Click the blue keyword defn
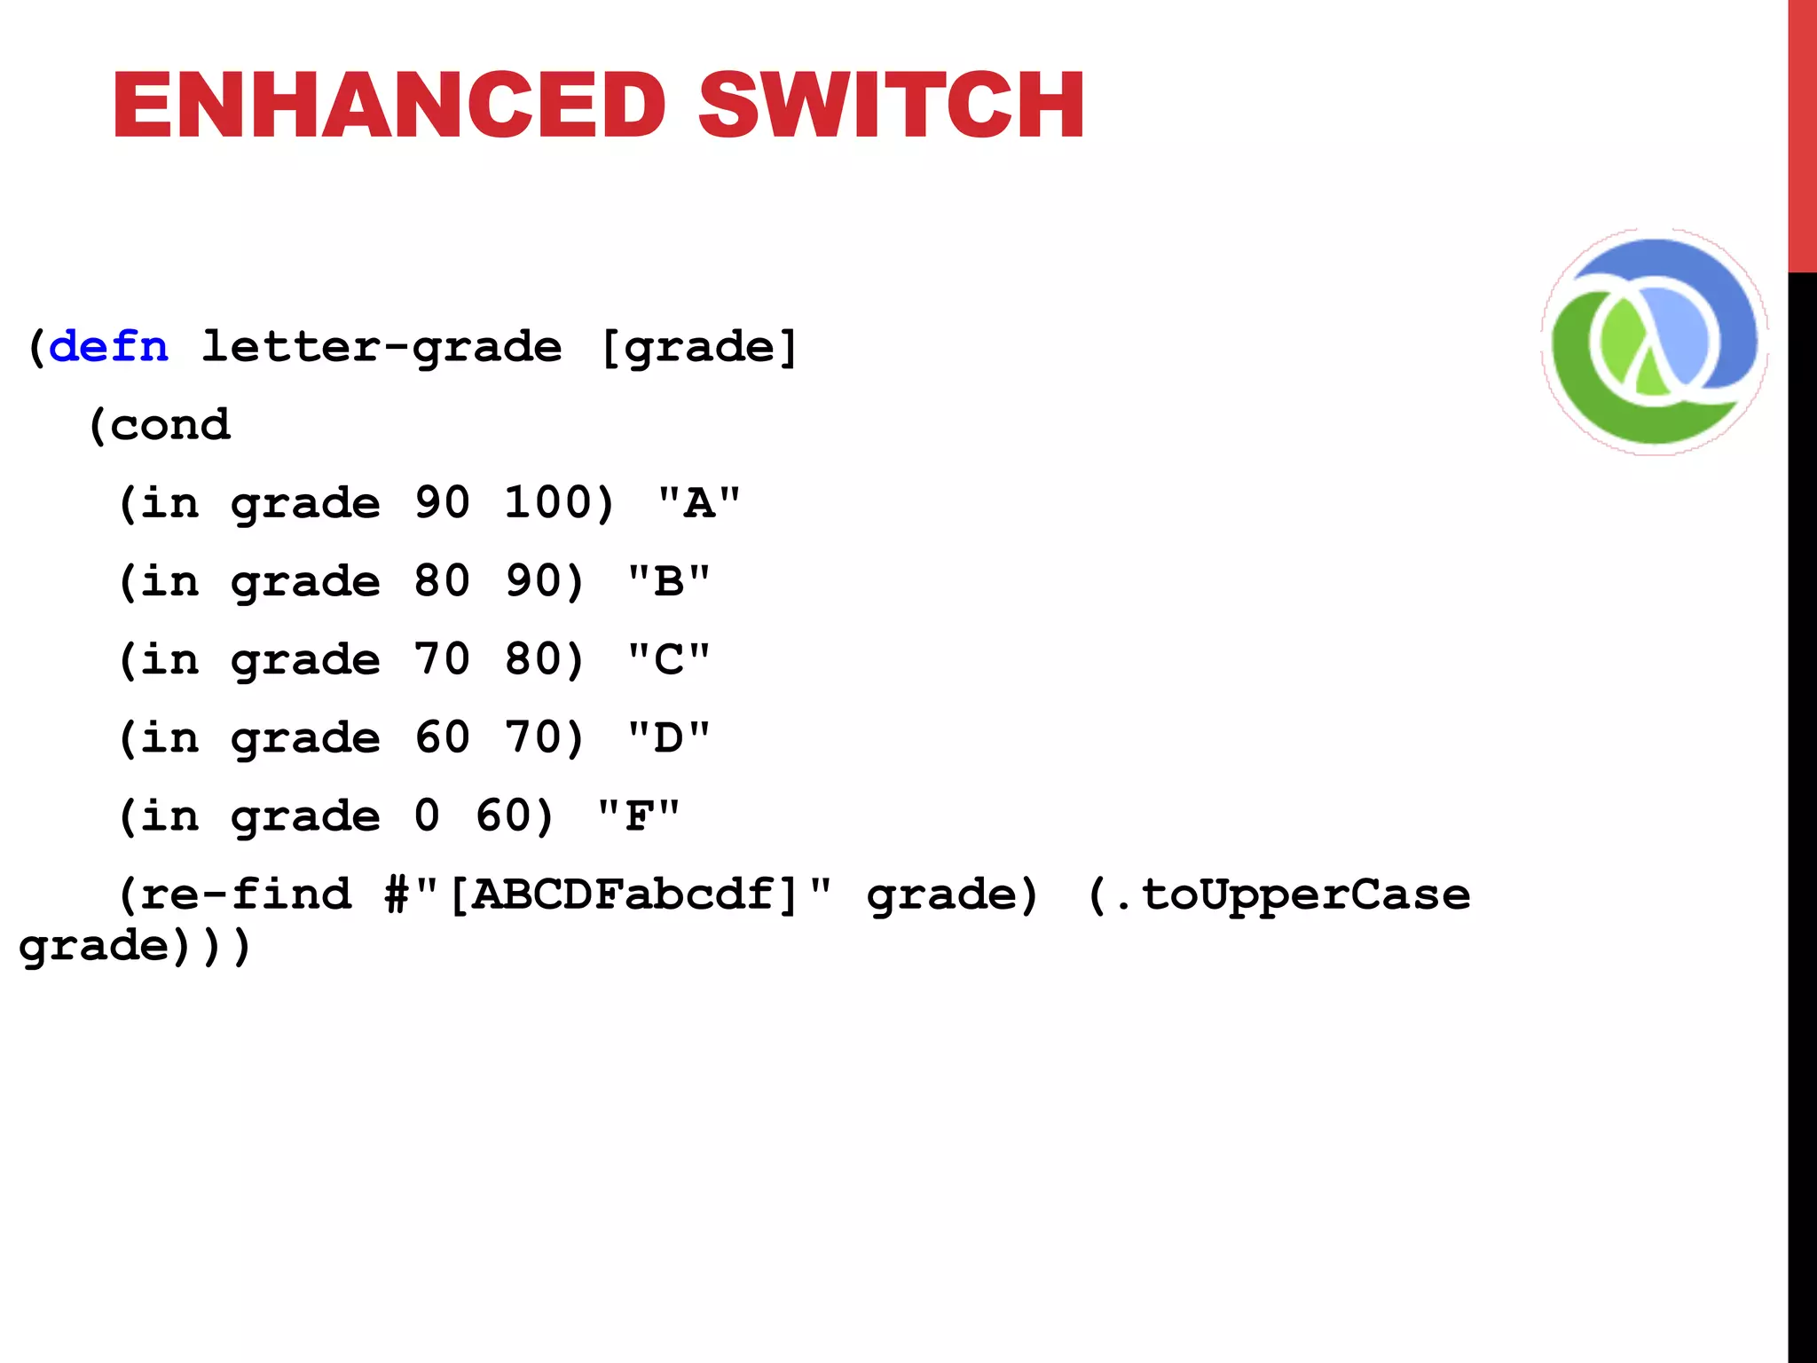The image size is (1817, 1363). click(x=108, y=346)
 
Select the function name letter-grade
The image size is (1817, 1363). click(x=381, y=346)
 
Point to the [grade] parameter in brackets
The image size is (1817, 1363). click(x=699, y=346)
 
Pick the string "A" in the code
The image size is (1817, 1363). click(x=699, y=503)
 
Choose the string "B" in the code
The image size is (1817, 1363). click(x=669, y=581)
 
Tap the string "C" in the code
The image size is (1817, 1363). click(x=669, y=659)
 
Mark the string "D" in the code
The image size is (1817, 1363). click(x=669, y=737)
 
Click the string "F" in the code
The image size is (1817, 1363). click(x=639, y=815)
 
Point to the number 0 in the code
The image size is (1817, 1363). click(x=427, y=815)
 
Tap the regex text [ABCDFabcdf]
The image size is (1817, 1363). click(x=625, y=894)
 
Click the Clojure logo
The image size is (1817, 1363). click(x=1655, y=342)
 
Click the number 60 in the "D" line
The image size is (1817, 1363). click(x=442, y=737)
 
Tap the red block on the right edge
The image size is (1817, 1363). click(x=1802, y=133)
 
